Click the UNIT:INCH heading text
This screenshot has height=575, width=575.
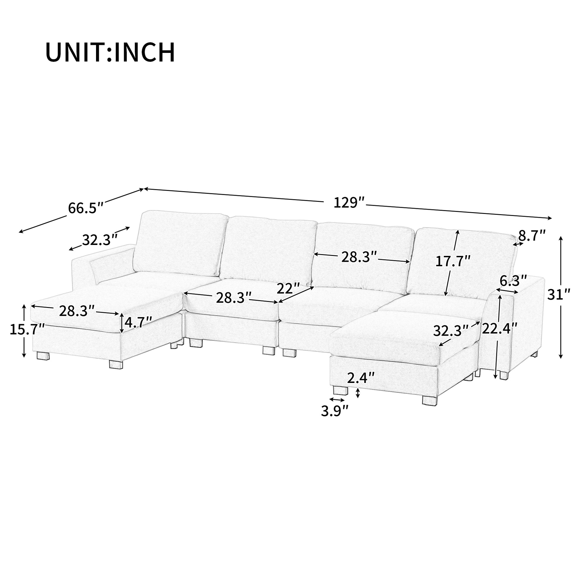click(110, 53)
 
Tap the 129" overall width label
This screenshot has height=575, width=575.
click(349, 203)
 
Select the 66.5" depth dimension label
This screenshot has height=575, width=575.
click(86, 207)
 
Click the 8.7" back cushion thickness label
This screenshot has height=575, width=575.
click(532, 236)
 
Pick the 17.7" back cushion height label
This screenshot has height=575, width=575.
click(453, 261)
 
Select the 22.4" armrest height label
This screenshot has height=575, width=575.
click(500, 329)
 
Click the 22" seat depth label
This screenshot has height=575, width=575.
click(288, 288)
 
